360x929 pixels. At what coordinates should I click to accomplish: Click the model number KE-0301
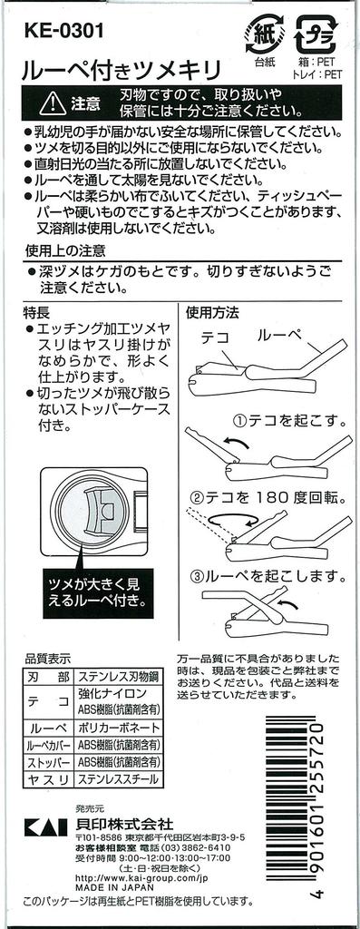pos(63,30)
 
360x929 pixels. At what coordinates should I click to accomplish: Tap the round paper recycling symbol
pos(266,33)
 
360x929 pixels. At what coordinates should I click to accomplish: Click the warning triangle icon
pos(53,104)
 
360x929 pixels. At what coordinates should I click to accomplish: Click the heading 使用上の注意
pos(64,251)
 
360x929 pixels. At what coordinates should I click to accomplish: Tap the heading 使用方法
pos(212,310)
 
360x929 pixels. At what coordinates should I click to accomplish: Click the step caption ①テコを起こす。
pos(289,421)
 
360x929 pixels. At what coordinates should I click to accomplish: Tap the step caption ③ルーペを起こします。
pos(268,574)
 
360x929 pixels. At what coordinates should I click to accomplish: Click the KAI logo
pos(42,826)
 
